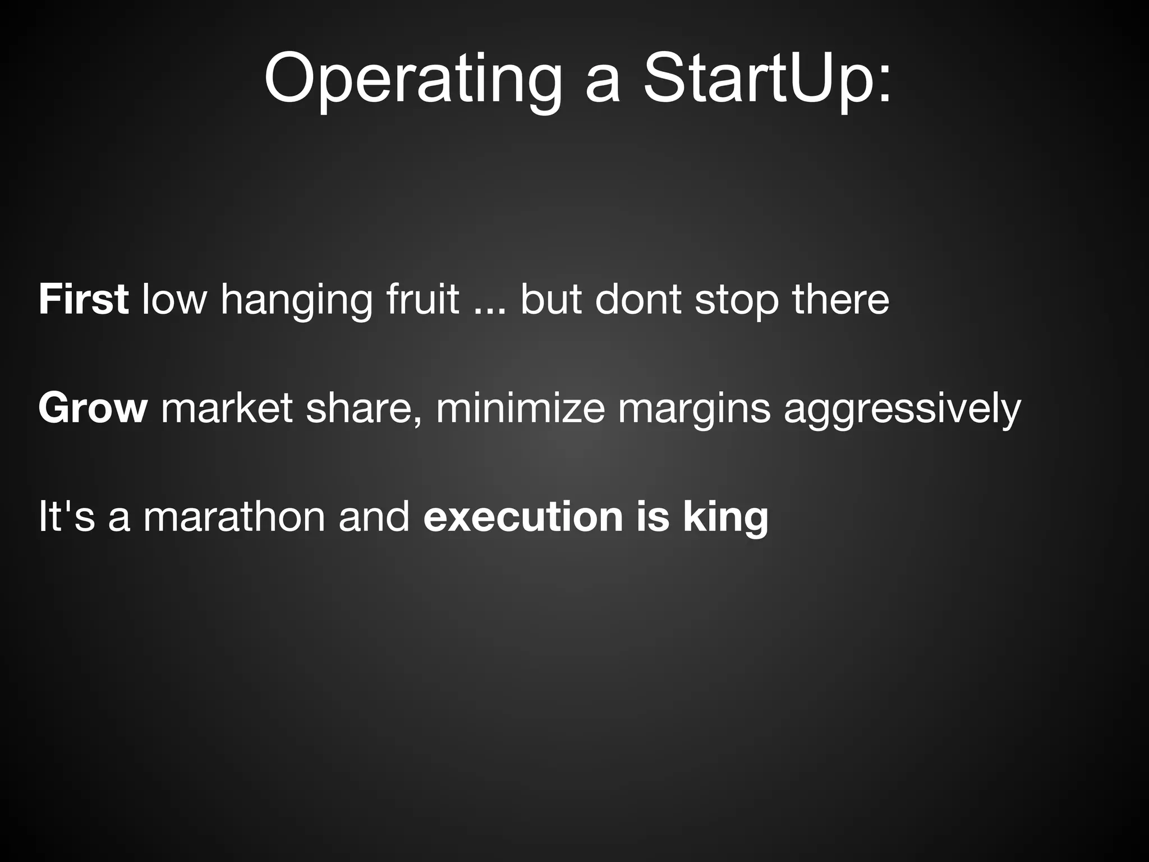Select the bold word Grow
pyautogui.click(x=93, y=408)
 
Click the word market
pyautogui.click(x=227, y=408)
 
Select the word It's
pyautogui.click(x=66, y=516)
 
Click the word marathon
pyautogui.click(x=234, y=516)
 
